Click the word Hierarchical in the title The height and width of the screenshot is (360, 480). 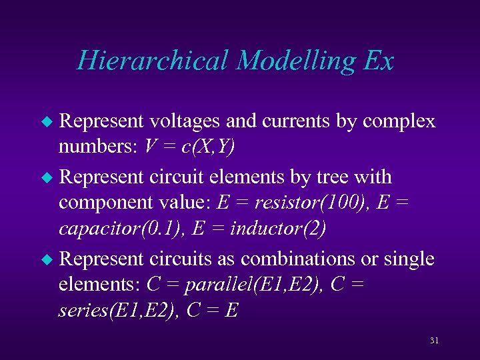click(153, 61)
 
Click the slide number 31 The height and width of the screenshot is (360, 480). click(434, 341)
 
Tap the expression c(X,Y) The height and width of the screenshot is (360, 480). click(203, 147)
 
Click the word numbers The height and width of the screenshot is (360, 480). click(88, 147)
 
